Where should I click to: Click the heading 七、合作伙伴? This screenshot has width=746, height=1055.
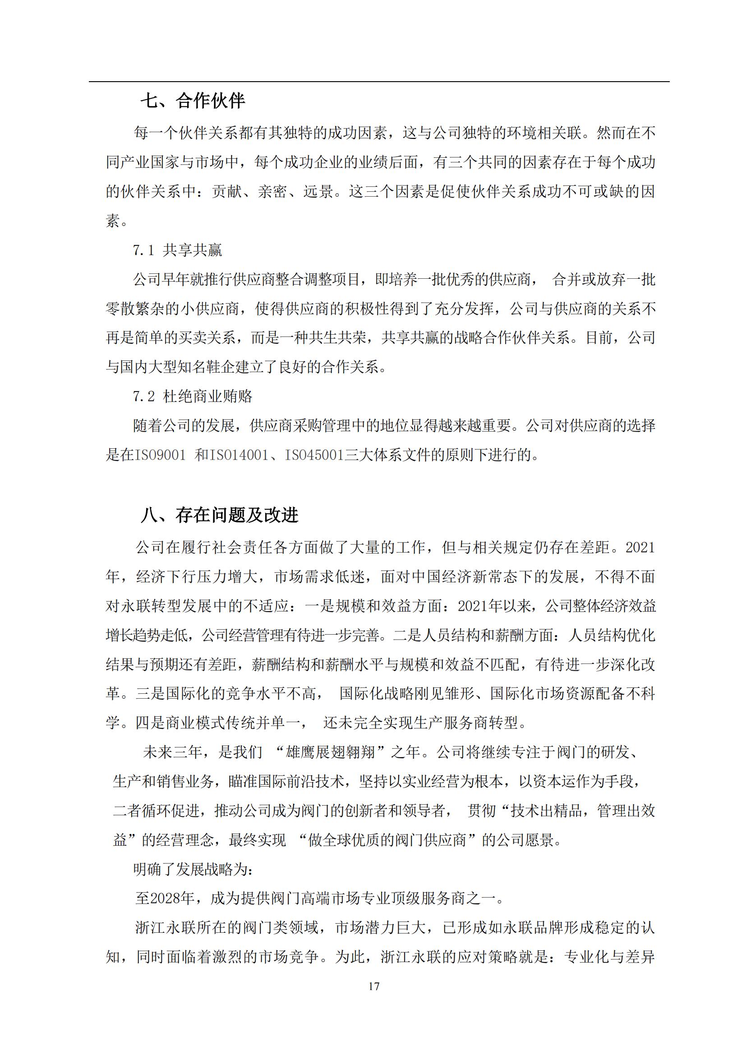[193, 101]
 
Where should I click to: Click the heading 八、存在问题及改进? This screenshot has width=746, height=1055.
[219, 516]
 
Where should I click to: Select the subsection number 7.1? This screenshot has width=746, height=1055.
[143, 250]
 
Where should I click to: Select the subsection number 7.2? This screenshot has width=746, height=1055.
[144, 396]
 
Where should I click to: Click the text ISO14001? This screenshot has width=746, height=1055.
[239, 456]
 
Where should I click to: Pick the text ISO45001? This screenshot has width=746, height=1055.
[315, 456]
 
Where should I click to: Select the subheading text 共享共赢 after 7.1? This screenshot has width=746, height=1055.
[193, 250]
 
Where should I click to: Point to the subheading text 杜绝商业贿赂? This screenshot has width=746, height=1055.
[207, 396]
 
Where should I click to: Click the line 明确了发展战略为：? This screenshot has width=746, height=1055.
[193, 869]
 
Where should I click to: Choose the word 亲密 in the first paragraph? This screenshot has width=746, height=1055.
[273, 192]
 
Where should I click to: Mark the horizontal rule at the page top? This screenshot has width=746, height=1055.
[379, 82]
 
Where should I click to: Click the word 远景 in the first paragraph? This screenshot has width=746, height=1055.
[318, 192]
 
